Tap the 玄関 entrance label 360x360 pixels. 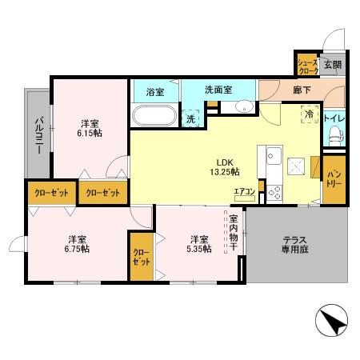pos(332,65)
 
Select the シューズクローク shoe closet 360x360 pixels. pos(307,66)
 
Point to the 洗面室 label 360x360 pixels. pos(218,90)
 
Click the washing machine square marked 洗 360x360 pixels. pos(190,118)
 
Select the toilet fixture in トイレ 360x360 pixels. pos(334,137)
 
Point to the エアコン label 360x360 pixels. pos(244,190)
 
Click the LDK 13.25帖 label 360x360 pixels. pos(221,165)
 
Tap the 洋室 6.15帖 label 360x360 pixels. pos(90,129)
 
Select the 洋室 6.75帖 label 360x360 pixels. pos(78,243)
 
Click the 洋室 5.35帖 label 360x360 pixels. pos(200,243)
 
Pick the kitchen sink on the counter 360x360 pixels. pos(271,153)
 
